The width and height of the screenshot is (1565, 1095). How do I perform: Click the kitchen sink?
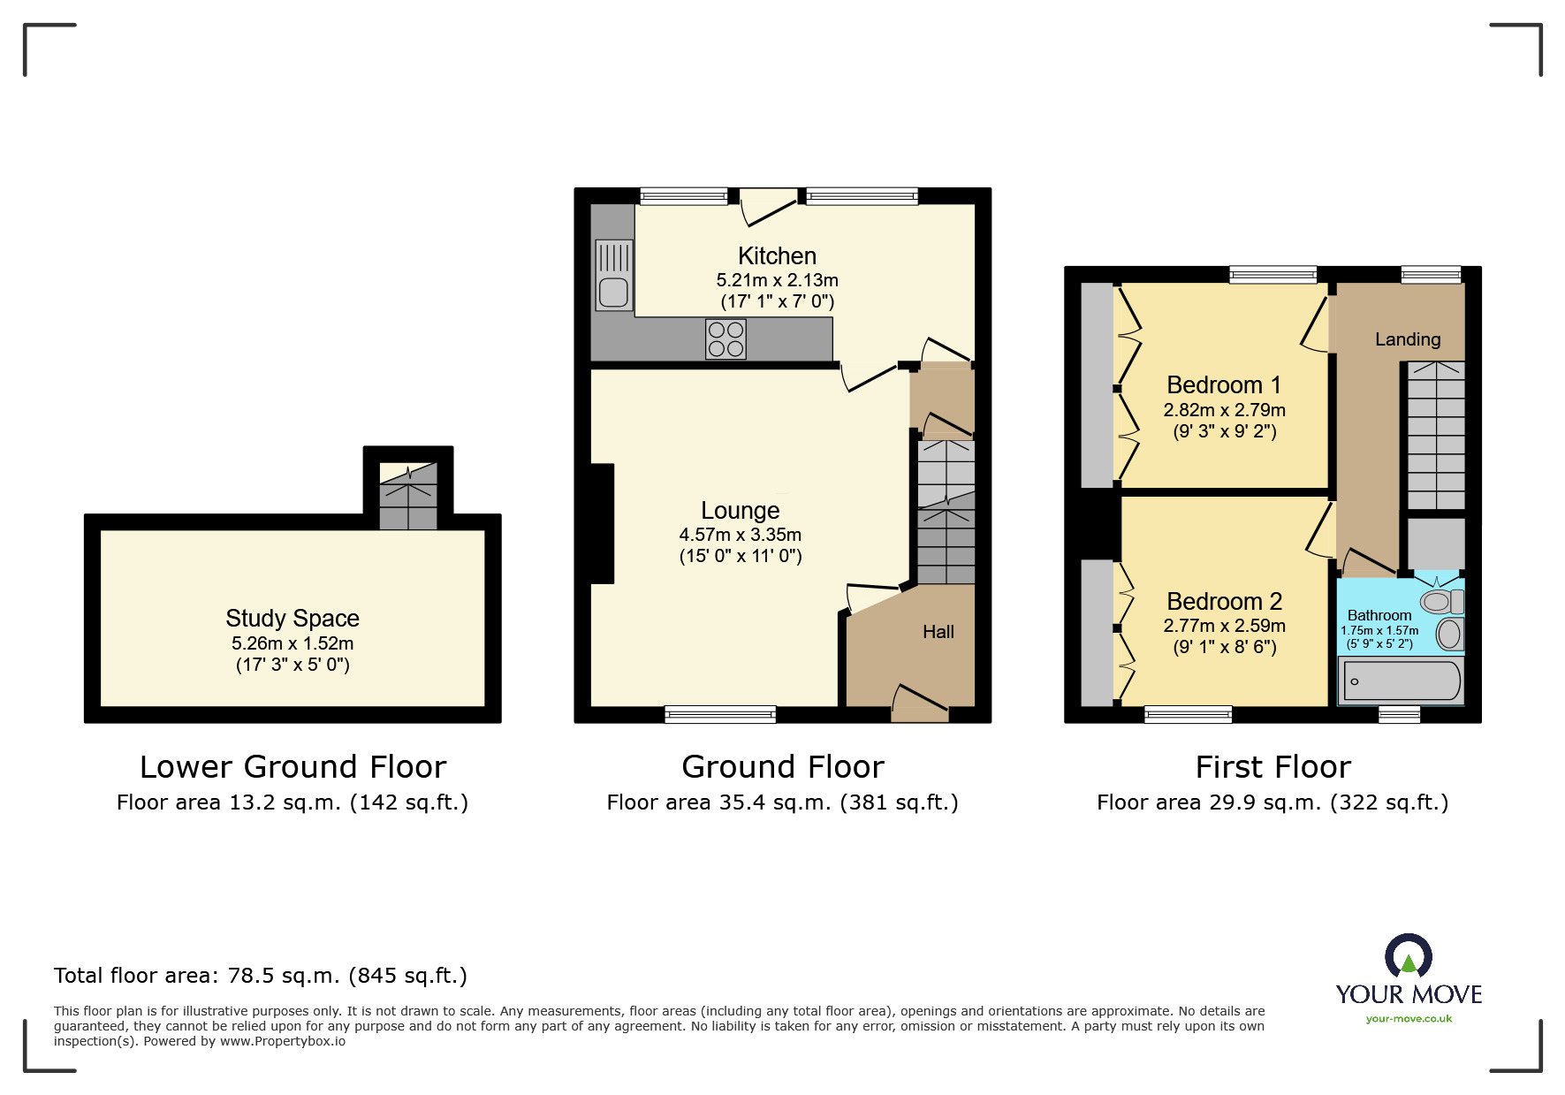point(613,275)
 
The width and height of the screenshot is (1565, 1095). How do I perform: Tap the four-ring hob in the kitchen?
point(726,339)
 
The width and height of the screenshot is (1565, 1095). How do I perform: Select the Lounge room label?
point(740,511)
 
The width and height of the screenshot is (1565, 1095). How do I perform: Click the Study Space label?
point(292,618)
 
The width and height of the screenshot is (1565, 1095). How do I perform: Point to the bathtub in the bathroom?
point(1402,681)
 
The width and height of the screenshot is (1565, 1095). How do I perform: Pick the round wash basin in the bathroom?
point(1449,634)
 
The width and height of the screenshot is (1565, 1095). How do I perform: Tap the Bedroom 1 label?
point(1223,385)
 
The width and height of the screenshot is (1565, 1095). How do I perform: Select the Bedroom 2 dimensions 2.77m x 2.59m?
point(1224,626)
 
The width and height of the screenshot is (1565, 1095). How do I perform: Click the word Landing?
point(1407,339)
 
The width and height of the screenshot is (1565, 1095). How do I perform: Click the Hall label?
point(938,632)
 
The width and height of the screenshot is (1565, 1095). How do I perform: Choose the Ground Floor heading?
point(782,766)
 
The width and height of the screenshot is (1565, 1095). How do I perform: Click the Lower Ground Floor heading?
point(292,766)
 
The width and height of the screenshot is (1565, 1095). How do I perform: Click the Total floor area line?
point(260,976)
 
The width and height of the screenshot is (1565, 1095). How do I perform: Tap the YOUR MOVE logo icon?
point(1408,958)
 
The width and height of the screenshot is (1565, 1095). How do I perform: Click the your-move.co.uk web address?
point(1409,1019)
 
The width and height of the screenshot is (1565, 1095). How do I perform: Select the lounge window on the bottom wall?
point(720,714)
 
